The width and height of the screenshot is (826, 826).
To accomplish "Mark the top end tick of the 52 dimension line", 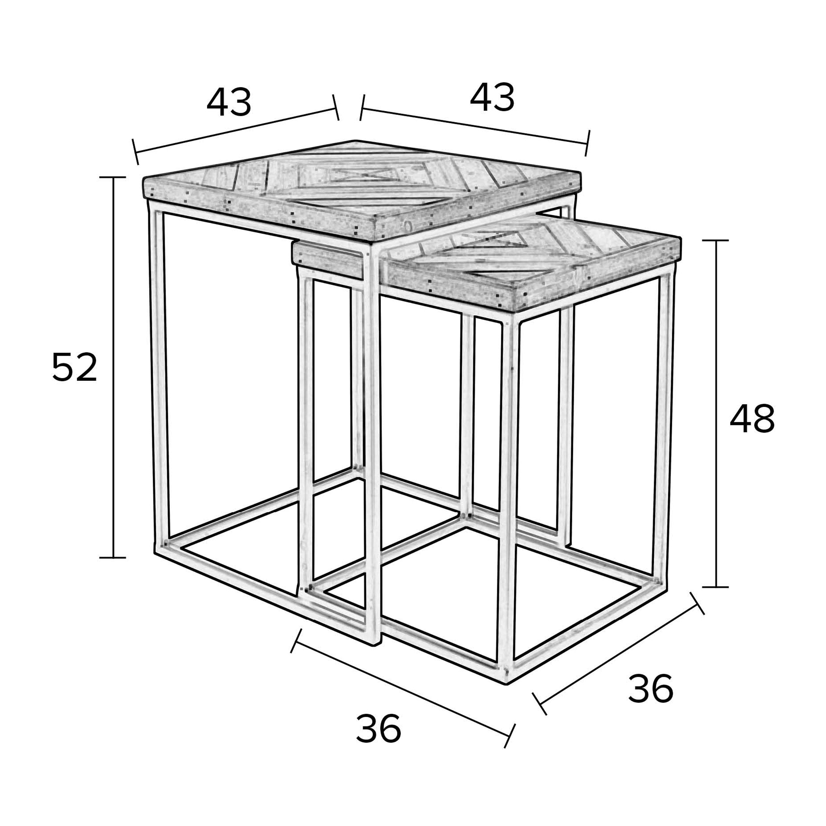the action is (113, 177).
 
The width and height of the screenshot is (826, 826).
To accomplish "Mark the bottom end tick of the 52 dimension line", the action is (113, 558).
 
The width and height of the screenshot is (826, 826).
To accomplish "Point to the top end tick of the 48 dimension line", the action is (715, 241).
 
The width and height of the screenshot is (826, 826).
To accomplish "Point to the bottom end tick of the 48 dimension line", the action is (715, 587).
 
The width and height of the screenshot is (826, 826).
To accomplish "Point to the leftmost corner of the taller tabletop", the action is (143, 179).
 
